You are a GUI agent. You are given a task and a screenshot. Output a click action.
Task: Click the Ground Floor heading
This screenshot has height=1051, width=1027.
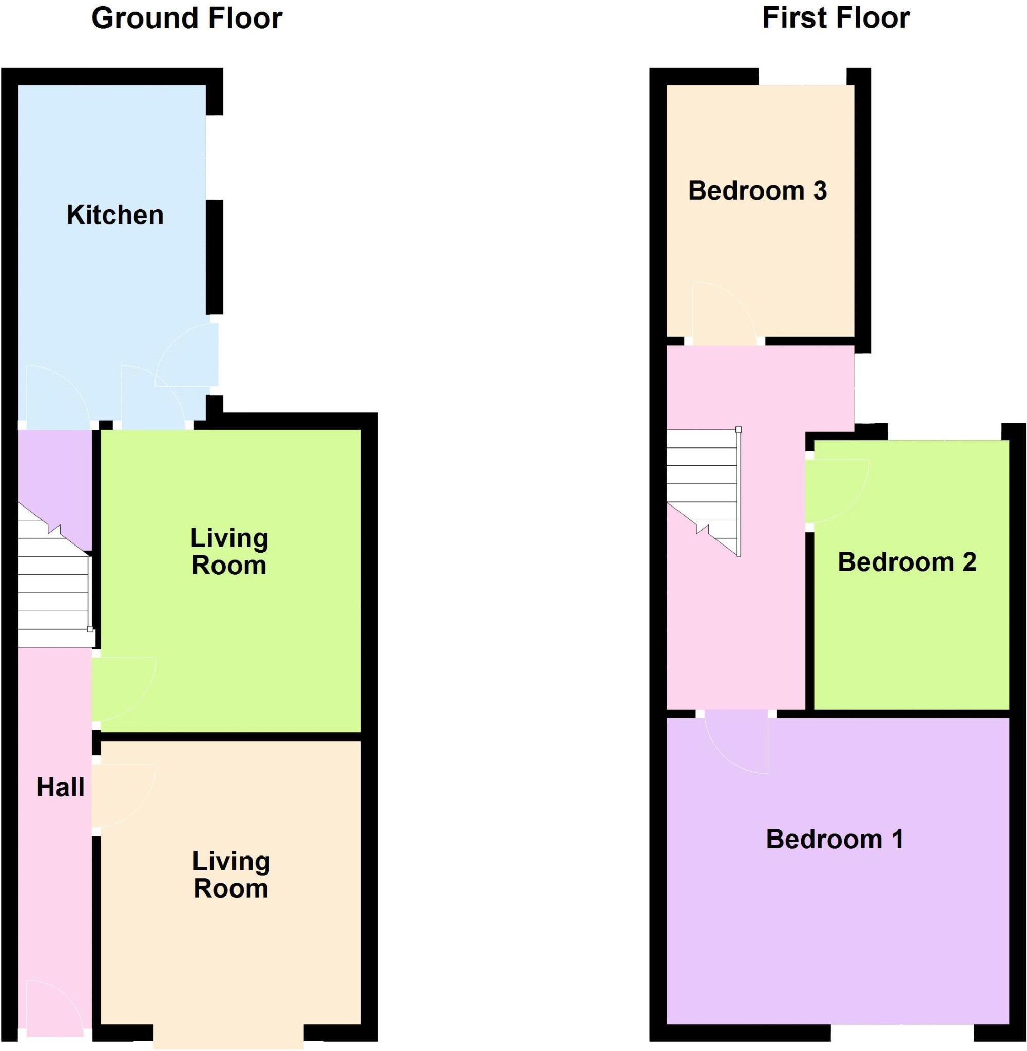[187, 18]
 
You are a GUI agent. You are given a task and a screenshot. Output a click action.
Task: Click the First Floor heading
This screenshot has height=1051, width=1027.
[836, 18]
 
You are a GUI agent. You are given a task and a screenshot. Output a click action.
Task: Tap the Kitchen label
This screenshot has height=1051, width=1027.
[115, 215]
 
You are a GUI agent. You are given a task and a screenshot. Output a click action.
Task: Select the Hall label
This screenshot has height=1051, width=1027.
[61, 788]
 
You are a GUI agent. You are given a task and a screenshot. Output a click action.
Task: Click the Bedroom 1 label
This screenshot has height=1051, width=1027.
[835, 840]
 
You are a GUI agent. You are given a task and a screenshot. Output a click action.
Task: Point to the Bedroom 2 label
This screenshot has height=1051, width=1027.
[907, 562]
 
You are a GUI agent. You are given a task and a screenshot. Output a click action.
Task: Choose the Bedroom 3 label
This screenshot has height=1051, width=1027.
[758, 191]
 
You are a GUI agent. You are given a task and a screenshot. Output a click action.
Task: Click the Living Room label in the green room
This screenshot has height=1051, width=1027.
[229, 552]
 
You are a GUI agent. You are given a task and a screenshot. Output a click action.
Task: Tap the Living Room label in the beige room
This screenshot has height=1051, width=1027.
[231, 874]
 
